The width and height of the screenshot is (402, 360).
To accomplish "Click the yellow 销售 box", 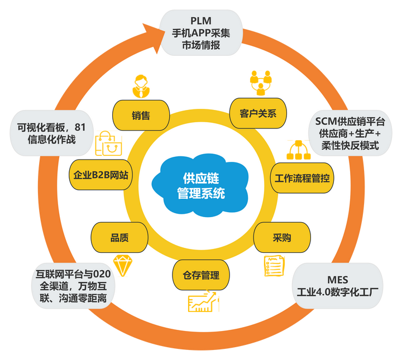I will (x=141, y=115).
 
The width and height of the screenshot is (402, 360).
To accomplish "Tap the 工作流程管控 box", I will (x=301, y=179).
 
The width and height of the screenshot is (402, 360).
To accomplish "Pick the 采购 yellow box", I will (x=282, y=238).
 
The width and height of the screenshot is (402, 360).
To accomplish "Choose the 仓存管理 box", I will (x=201, y=275).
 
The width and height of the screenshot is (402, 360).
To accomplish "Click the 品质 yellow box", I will (x=119, y=238).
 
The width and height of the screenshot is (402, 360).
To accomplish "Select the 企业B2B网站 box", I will (x=101, y=175).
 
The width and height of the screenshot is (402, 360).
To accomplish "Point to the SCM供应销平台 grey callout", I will (x=351, y=133).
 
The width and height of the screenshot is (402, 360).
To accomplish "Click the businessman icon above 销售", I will (x=141, y=85).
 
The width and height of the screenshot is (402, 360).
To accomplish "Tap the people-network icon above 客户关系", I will (x=260, y=83).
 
